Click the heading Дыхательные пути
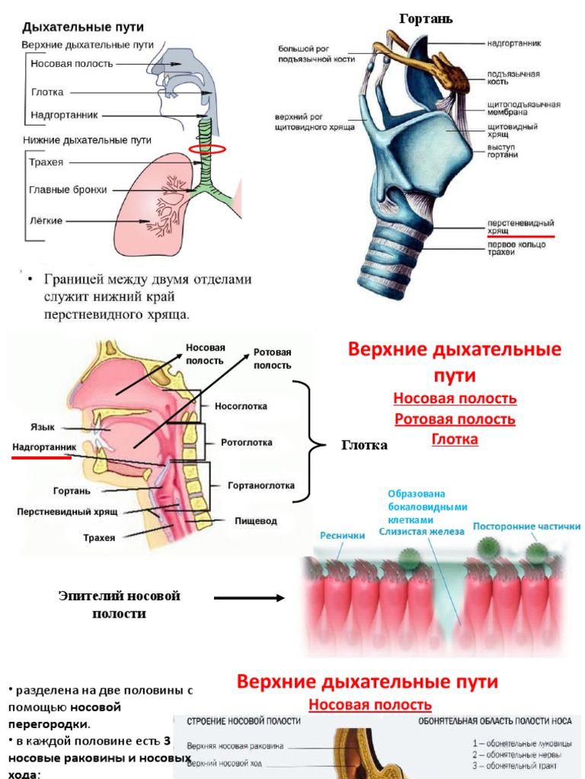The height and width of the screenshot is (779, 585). [83, 27]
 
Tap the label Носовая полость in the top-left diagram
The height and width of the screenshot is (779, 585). [72, 64]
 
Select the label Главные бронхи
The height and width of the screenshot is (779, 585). [68, 189]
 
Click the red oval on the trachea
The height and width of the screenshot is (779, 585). [207, 149]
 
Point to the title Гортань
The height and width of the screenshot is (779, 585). [426, 19]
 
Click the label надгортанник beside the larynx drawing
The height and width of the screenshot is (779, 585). [514, 43]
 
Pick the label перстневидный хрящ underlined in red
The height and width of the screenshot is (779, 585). [520, 226]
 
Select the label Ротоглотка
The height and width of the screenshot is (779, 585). [247, 442]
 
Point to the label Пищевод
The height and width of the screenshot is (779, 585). [256, 521]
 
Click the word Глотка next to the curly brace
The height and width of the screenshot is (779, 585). [364, 446]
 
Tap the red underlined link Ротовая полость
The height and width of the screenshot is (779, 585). [455, 419]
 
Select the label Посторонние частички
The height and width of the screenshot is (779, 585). [526, 526]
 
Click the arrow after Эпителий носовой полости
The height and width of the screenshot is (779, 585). [249, 598]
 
